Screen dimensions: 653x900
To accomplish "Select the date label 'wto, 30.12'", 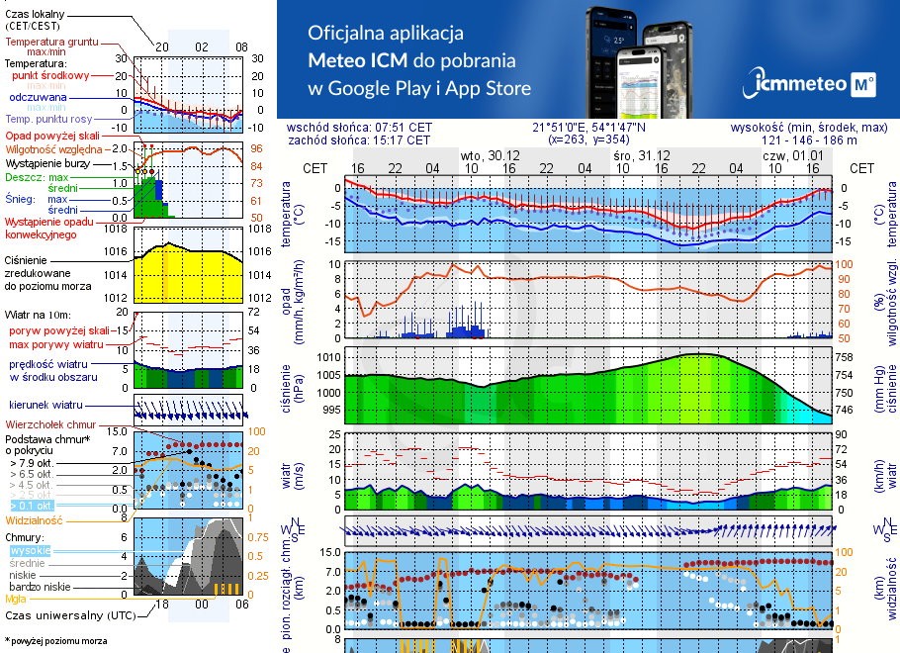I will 490,156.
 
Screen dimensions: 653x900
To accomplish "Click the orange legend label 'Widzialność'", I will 34,519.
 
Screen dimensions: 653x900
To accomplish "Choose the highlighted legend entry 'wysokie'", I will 29,550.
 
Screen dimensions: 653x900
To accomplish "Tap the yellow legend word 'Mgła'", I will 16,599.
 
